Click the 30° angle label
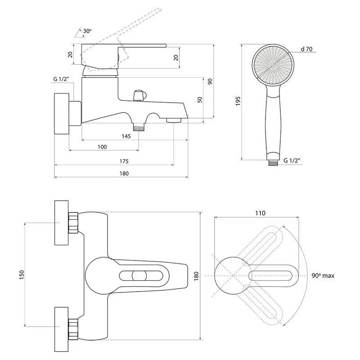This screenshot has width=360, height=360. [x=87, y=31]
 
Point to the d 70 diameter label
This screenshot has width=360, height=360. [x=306, y=49]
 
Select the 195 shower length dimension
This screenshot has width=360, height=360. [x=238, y=101]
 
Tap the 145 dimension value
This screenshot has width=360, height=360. [x=126, y=136]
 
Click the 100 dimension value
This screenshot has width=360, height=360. [x=102, y=147]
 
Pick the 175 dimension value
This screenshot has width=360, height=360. [x=124, y=162]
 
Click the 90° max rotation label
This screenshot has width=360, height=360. [x=323, y=275]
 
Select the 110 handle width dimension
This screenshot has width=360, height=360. [x=260, y=213]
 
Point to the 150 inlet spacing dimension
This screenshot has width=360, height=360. [x=22, y=275]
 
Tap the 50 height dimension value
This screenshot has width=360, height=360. [x=200, y=100]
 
